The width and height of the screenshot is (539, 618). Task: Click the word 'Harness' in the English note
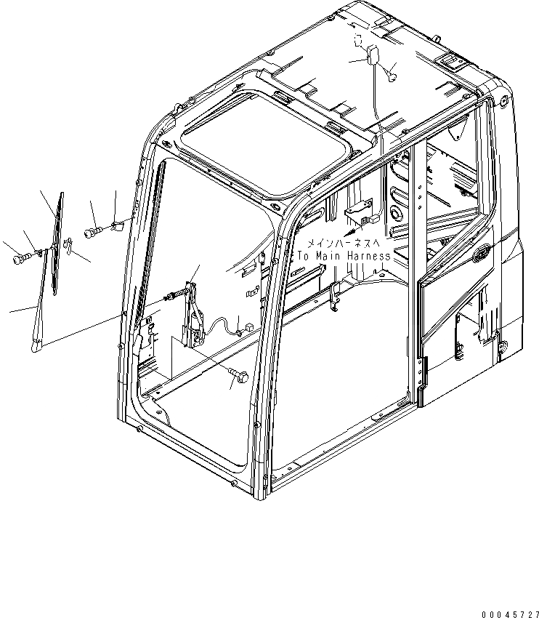pyautogui.click(x=365, y=256)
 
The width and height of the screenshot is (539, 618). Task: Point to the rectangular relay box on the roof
pyautogui.click(x=375, y=55)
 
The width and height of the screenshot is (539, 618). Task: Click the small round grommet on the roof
pyautogui.click(x=393, y=72)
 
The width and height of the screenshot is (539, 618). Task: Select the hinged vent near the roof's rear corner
pyautogui.click(x=450, y=60)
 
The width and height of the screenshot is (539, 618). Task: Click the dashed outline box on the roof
pyautogui.click(x=357, y=41)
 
